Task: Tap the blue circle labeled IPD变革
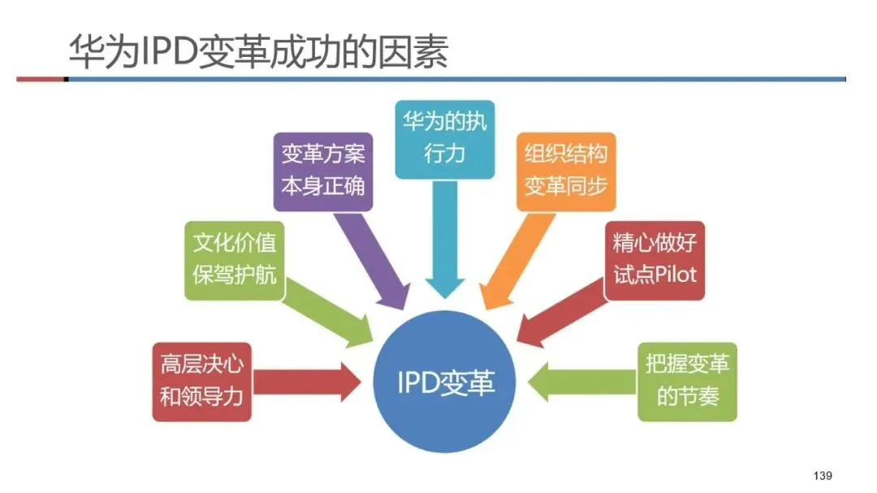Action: [x=445, y=383]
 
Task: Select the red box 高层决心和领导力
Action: [x=201, y=382]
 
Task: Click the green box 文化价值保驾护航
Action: [x=234, y=260]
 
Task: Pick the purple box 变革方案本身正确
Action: [x=322, y=171]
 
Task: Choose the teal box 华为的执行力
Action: [x=444, y=139]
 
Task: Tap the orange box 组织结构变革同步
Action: [x=565, y=171]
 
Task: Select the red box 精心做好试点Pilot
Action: [x=655, y=260]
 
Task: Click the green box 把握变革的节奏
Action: [x=687, y=382]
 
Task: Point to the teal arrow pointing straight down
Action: [x=444, y=236]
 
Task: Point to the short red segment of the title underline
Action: [x=41, y=79]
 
